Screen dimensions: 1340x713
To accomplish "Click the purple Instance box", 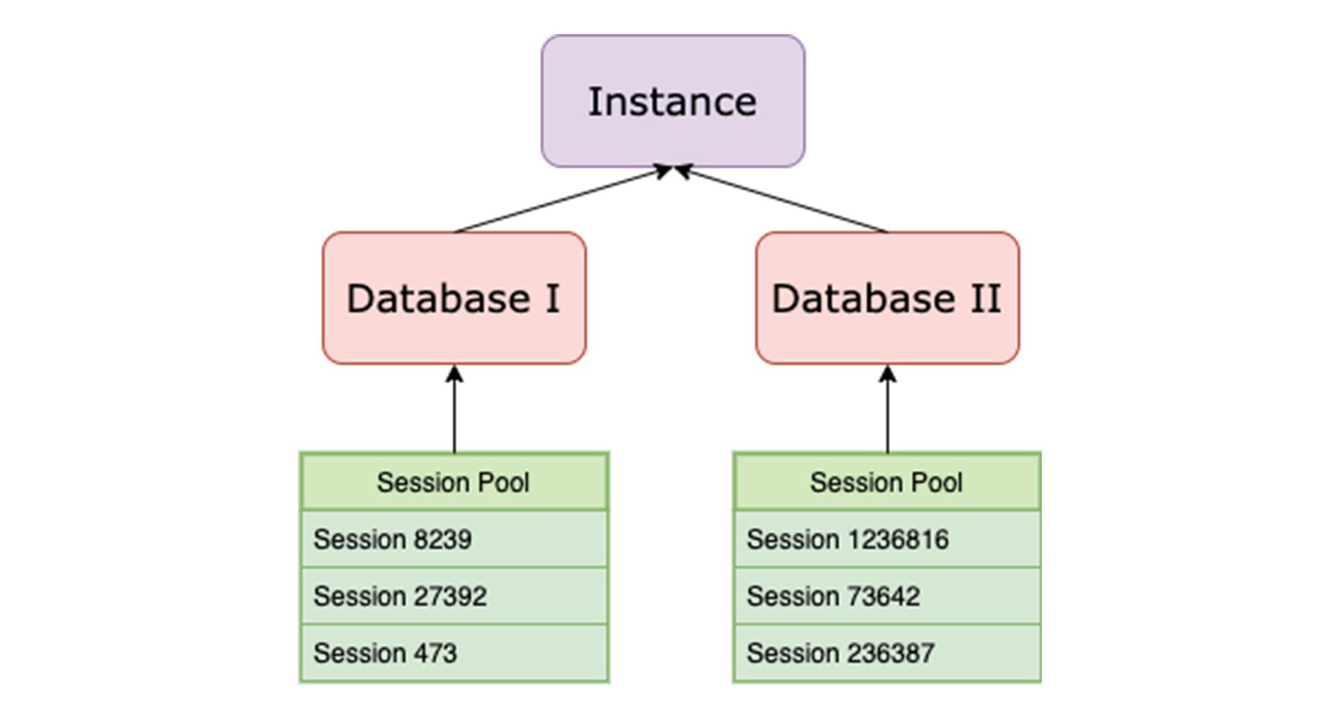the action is [x=673, y=101].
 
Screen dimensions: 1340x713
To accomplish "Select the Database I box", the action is [x=454, y=298].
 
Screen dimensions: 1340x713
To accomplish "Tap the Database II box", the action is [x=887, y=298].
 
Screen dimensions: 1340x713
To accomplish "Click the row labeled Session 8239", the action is [x=454, y=539].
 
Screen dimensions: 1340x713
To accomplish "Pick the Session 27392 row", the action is [x=454, y=596].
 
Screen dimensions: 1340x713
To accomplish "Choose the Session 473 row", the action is [x=454, y=653].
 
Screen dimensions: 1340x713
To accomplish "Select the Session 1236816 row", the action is [x=887, y=539].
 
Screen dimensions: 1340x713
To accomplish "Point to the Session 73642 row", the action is [x=887, y=596].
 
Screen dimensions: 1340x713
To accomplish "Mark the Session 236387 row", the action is [x=887, y=653].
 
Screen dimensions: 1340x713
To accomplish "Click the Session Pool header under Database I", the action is [x=454, y=482].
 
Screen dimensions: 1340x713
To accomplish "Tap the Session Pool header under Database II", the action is [x=887, y=482].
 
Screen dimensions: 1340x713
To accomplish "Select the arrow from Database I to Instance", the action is [x=563, y=200].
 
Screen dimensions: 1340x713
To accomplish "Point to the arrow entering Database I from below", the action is [x=454, y=409].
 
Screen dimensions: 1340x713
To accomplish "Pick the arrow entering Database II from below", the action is [x=887, y=409].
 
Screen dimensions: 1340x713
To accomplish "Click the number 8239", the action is [x=442, y=539].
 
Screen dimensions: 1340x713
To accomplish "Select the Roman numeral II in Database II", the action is [x=985, y=299].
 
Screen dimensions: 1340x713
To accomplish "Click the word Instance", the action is [x=672, y=102].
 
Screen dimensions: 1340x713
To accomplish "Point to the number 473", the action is [x=435, y=653].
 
